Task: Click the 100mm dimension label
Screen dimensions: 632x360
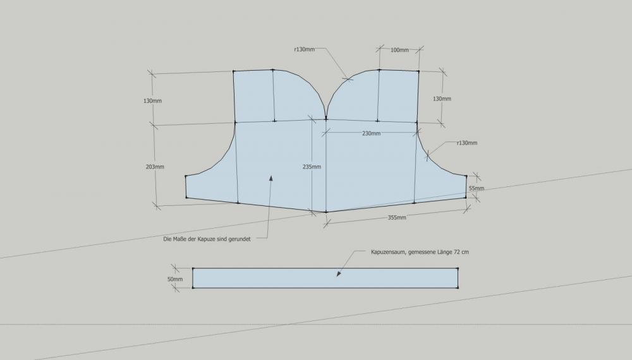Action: pyautogui.click(x=399, y=50)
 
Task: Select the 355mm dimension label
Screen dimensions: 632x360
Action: pyautogui.click(x=397, y=217)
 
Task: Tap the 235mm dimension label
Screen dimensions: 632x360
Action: pyautogui.click(x=312, y=167)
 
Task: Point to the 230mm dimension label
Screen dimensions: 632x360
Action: pyautogui.click(x=371, y=133)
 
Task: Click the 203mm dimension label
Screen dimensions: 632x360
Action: pyautogui.click(x=155, y=167)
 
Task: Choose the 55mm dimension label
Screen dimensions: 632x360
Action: pyautogui.click(x=477, y=188)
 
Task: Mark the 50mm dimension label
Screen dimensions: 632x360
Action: pyautogui.click(x=175, y=279)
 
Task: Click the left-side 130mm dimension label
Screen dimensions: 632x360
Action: pyautogui.click(x=152, y=100)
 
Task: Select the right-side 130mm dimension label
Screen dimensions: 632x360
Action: pyautogui.click(x=442, y=99)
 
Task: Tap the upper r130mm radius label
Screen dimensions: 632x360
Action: pyautogui.click(x=305, y=49)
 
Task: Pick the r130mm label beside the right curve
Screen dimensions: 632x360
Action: pyautogui.click(x=467, y=143)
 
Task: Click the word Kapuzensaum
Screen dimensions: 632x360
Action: pyautogui.click(x=389, y=252)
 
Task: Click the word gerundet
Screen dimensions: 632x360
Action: pyautogui.click(x=240, y=239)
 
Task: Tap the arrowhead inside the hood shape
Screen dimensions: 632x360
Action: pyautogui.click(x=271, y=178)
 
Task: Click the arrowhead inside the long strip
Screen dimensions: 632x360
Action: pyautogui.click(x=339, y=274)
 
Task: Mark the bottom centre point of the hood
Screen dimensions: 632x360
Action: pyautogui.click(x=326, y=212)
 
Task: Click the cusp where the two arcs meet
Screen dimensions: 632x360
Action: pyautogui.click(x=325, y=118)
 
